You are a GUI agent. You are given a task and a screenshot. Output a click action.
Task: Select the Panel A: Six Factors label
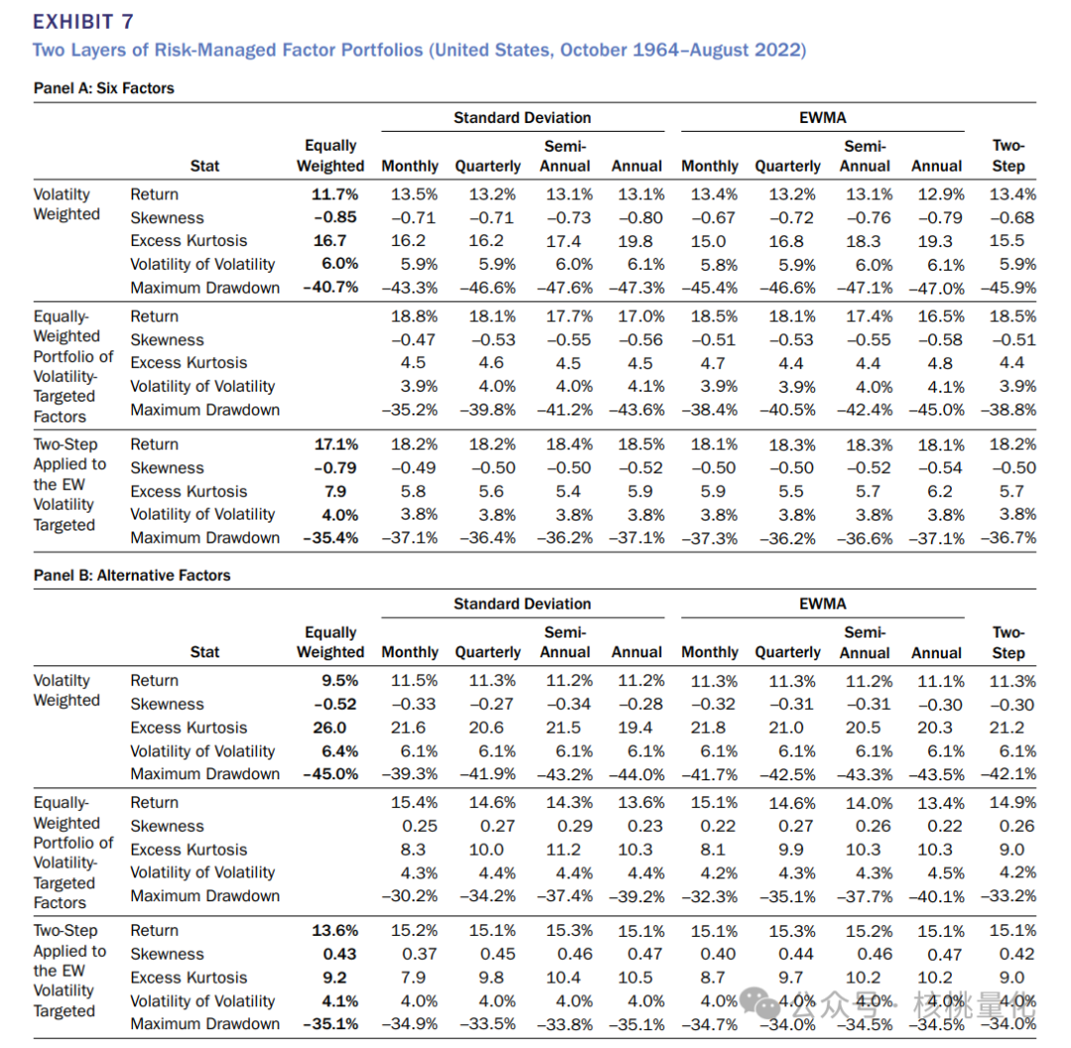[103, 88]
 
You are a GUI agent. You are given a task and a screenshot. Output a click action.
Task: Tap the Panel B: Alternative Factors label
[132, 574]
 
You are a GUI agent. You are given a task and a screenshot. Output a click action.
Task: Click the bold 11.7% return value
[335, 194]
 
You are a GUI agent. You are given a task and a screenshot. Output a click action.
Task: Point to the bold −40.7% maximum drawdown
[330, 288]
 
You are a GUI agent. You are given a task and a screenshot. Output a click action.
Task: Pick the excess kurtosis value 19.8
[635, 241]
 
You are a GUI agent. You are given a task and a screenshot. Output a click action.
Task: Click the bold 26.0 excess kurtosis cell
[338, 727]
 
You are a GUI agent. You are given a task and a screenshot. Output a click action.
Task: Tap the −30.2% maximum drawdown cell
[410, 895]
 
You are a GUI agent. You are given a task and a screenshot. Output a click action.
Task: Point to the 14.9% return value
[1012, 802]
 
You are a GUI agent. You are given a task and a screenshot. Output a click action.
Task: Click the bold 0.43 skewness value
[340, 954]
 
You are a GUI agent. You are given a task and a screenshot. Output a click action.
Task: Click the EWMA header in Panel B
[822, 604]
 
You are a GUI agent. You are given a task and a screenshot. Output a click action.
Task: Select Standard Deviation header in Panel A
[522, 117]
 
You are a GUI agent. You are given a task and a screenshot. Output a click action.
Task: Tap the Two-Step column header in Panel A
[1008, 156]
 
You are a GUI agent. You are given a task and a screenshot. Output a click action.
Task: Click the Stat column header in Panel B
[204, 652]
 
